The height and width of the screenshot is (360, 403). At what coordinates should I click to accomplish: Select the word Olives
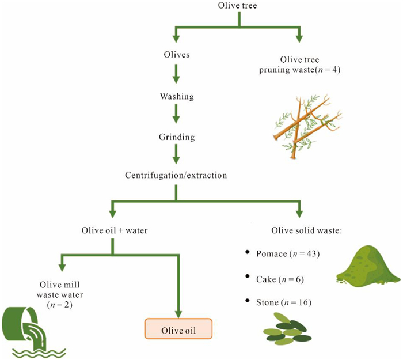click(x=177, y=56)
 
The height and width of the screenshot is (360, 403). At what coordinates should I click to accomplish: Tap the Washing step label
click(x=177, y=97)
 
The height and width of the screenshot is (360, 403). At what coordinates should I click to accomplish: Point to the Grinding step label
click(x=177, y=138)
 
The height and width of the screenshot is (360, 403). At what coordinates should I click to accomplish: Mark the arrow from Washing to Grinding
click(x=177, y=117)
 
